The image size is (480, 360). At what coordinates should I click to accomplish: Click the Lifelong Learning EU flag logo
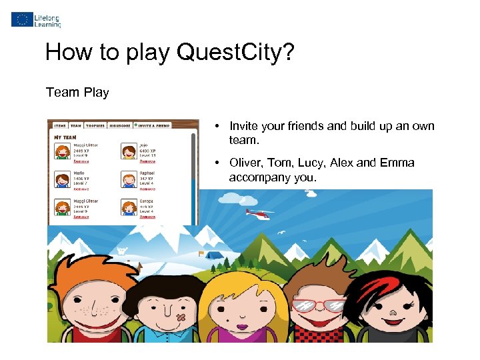tap(21, 19)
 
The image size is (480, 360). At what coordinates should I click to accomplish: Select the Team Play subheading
tap(77, 93)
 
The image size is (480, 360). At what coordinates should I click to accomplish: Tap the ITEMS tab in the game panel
tap(60, 125)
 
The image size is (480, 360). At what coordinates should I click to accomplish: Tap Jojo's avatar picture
tap(129, 151)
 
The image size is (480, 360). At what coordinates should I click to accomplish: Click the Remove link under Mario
tap(81, 189)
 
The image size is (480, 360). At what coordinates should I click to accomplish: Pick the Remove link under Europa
tap(147, 217)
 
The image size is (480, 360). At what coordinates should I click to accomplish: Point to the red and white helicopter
tap(258, 213)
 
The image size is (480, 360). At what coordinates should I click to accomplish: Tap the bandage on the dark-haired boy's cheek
tap(179, 319)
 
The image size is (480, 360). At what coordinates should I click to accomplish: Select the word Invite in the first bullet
tap(244, 126)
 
